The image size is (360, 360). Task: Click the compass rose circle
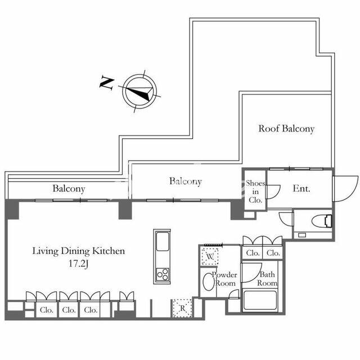coord(139,74)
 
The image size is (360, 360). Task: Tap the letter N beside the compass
coord(107,83)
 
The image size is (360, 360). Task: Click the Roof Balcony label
coord(286,129)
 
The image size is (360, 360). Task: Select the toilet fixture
coord(322,221)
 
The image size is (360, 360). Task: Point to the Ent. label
coord(301,188)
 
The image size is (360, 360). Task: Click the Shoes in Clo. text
coord(255,191)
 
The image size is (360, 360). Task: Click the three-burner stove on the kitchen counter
coord(163,274)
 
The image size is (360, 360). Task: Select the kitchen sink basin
coord(163,241)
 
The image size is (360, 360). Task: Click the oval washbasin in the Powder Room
coord(209,281)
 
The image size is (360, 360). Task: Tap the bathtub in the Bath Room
coord(260,300)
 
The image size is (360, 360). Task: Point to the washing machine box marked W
coord(210,256)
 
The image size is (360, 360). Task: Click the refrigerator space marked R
coord(182,308)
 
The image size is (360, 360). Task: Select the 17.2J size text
coord(79,264)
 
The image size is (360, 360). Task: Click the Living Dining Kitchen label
coord(79,251)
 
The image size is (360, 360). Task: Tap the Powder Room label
coord(224,279)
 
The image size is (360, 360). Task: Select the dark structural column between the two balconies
coord(125,209)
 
